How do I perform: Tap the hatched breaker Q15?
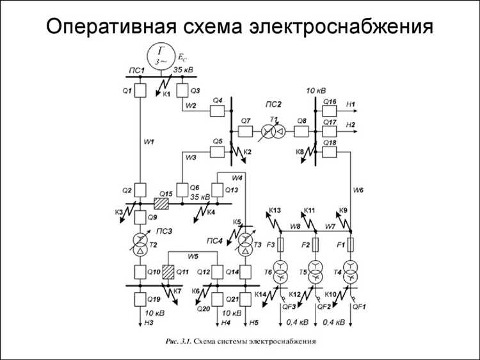pos(161,203)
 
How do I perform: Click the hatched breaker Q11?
pos(169,271)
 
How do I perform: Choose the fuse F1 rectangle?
pos(350,245)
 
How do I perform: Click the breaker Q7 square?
pos(246,131)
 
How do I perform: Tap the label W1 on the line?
pos(148,142)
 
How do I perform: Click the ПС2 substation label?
pos(274,104)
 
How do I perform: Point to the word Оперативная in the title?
pos(112,26)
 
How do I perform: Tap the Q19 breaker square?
pos(140,299)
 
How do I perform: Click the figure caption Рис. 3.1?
pos(177,341)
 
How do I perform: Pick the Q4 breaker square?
pos(218,111)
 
